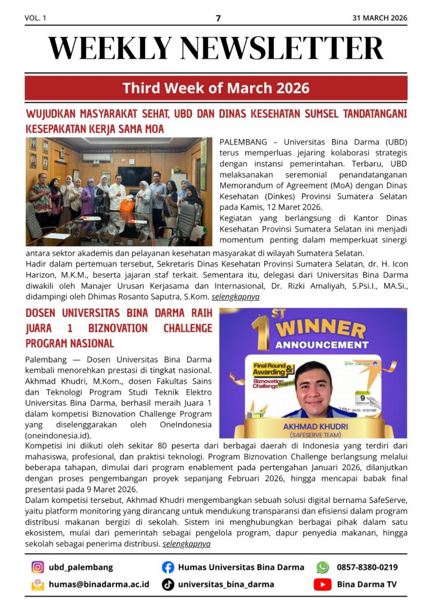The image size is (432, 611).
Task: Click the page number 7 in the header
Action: pyautogui.click(x=218, y=18)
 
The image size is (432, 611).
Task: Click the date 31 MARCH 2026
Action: pyautogui.click(x=379, y=18)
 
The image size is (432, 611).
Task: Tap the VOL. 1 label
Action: pyautogui.click(x=35, y=18)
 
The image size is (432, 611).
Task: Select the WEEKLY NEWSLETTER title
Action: pyautogui.click(x=216, y=48)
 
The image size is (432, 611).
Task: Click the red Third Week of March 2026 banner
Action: pyautogui.click(x=216, y=88)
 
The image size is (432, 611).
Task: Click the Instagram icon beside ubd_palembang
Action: pyautogui.click(x=38, y=567)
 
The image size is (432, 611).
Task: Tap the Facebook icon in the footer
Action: pyautogui.click(x=168, y=567)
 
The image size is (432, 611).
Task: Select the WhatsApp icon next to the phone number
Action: pyautogui.click(x=322, y=567)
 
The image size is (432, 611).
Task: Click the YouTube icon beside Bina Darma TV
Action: pyautogui.click(x=322, y=585)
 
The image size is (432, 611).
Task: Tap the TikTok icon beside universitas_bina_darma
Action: pyautogui.click(x=168, y=585)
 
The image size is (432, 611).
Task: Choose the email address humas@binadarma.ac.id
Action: pyautogui.click(x=99, y=585)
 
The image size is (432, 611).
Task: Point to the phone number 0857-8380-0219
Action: pyautogui.click(x=367, y=567)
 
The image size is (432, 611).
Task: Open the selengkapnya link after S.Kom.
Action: pyautogui.click(x=236, y=297)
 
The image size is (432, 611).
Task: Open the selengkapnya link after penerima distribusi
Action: pyautogui.click(x=186, y=544)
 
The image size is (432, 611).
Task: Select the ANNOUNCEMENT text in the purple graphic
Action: pyautogui.click(x=322, y=345)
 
